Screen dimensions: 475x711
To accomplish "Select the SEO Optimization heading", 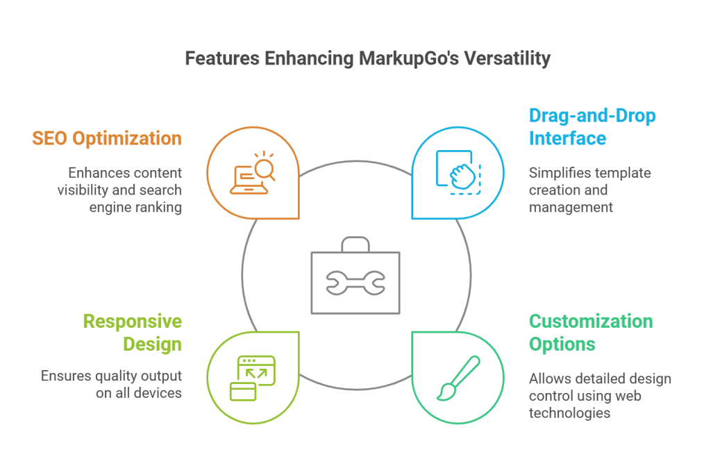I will point(107,137).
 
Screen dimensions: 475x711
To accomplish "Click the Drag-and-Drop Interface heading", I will point(592,126).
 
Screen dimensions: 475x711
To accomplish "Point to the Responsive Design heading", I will point(133,333).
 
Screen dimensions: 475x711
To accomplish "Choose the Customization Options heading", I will point(591,333).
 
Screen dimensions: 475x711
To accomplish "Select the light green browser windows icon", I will point(253,378).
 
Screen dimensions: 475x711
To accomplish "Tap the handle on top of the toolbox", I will point(355,244).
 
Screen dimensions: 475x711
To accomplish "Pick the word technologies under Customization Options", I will point(569,412).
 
